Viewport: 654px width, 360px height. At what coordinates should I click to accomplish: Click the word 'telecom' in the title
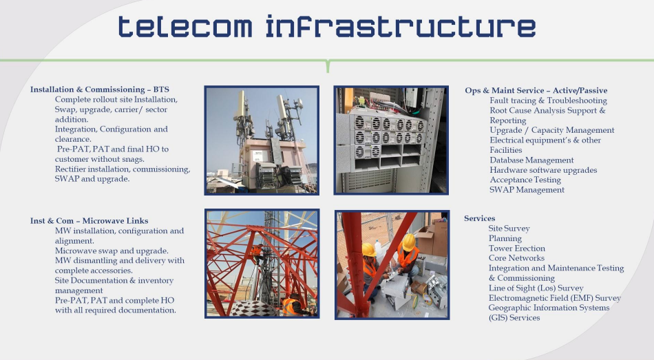185,27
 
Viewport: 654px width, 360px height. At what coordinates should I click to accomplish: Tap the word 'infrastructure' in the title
401,26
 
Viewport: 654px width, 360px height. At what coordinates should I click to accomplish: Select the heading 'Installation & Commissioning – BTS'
100,89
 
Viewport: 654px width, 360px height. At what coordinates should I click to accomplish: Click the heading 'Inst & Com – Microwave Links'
89,221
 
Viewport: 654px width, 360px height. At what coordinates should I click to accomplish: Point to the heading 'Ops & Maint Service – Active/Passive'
536,91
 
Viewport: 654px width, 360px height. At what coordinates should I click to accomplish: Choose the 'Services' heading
480,218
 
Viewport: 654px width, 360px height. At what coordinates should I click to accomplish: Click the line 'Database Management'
531,160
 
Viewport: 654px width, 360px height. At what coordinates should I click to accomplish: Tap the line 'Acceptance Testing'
525,180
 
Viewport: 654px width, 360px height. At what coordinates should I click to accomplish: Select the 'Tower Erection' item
517,248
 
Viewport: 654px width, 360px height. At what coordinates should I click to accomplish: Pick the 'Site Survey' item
509,229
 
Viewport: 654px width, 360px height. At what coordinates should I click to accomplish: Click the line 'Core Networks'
516,258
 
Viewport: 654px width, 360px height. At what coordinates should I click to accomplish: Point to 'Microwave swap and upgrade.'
112,251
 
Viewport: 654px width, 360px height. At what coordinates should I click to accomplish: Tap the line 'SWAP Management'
527,190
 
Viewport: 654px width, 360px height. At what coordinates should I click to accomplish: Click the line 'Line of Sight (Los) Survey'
536,288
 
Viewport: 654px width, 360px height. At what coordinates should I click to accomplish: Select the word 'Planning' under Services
505,239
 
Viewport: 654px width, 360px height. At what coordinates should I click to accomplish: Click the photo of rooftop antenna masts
262,140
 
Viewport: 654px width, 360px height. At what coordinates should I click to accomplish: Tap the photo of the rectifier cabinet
391,140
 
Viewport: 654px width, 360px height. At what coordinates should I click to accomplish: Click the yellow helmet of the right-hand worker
408,242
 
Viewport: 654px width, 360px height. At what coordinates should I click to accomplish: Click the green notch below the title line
328,67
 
